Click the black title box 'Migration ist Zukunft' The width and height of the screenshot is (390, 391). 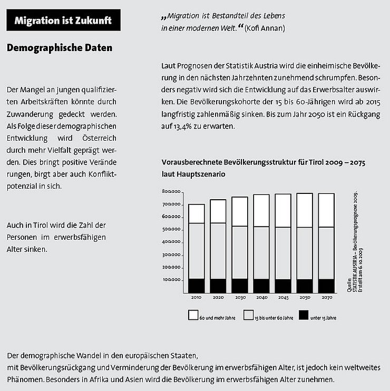click(x=63, y=21)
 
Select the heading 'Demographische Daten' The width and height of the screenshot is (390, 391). click(x=60, y=48)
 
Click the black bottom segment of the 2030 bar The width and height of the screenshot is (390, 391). click(x=240, y=285)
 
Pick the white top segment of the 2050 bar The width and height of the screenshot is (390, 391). click(x=304, y=210)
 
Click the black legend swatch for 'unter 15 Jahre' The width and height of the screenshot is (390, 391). click(x=303, y=315)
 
